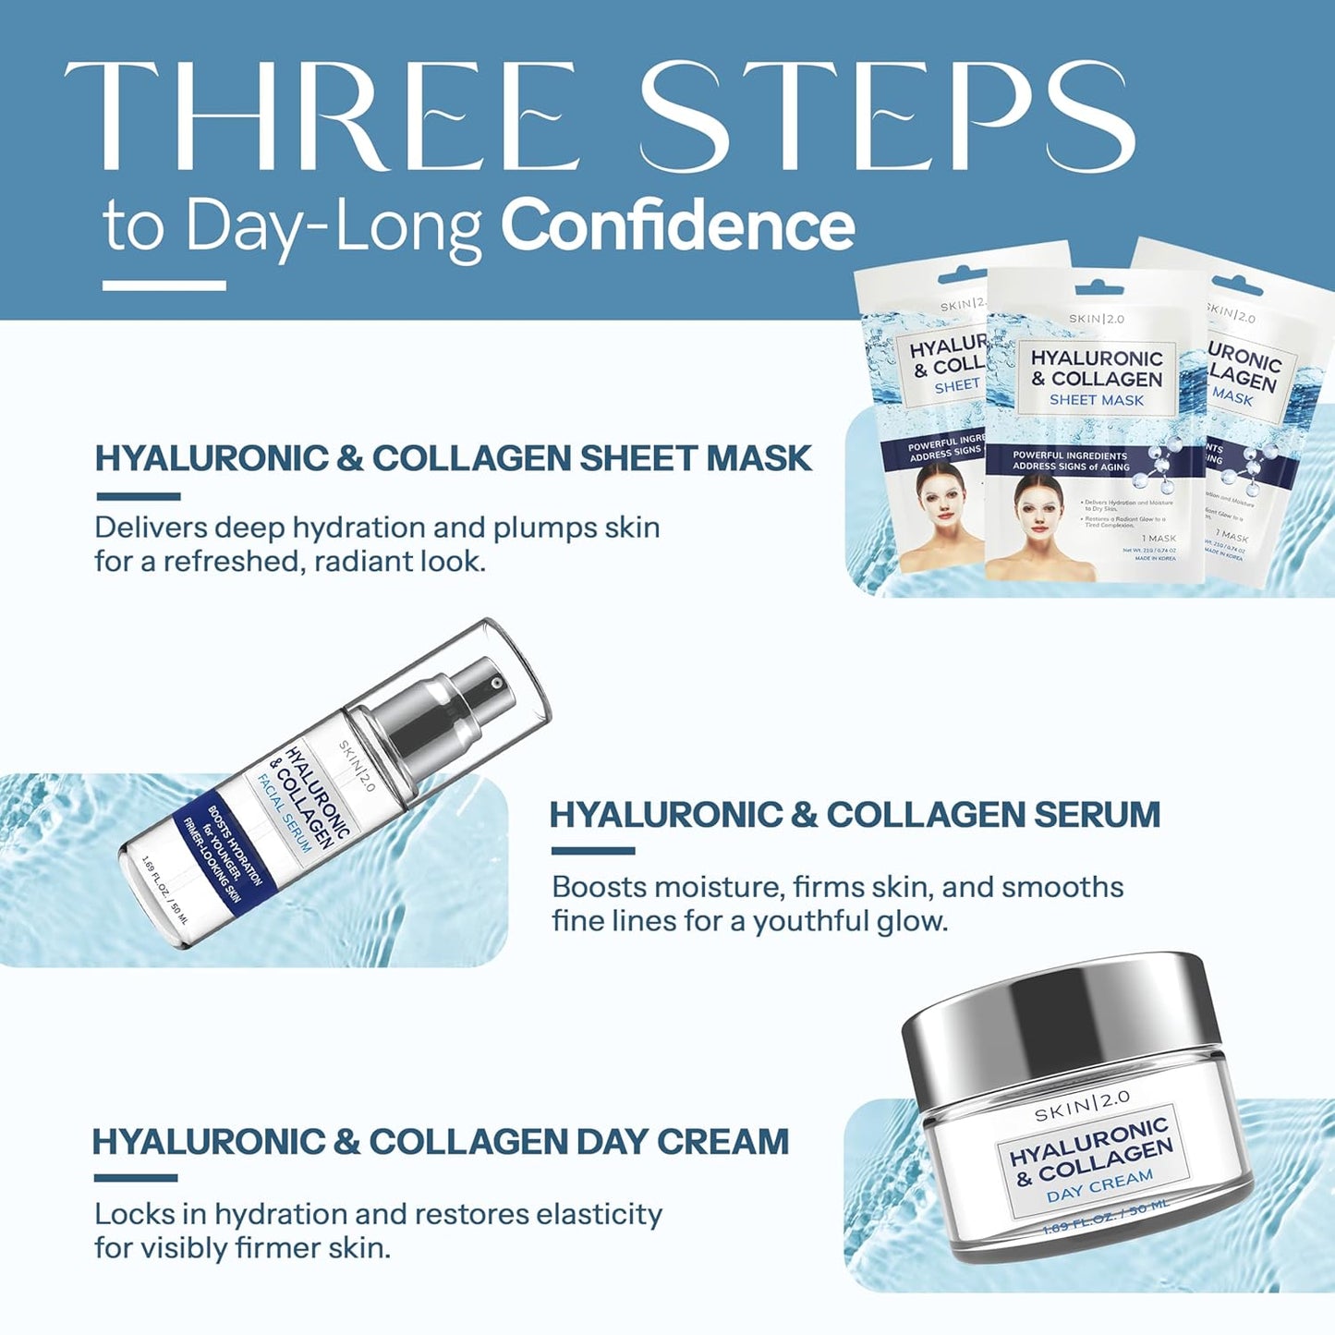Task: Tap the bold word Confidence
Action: [x=677, y=226]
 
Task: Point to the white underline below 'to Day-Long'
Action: [x=164, y=285]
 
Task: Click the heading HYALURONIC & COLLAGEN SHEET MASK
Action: [x=454, y=458]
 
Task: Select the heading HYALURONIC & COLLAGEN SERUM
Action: [x=855, y=815]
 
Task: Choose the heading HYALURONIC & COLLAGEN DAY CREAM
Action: [x=441, y=1142]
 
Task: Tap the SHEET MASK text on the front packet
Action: [x=1097, y=400]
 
